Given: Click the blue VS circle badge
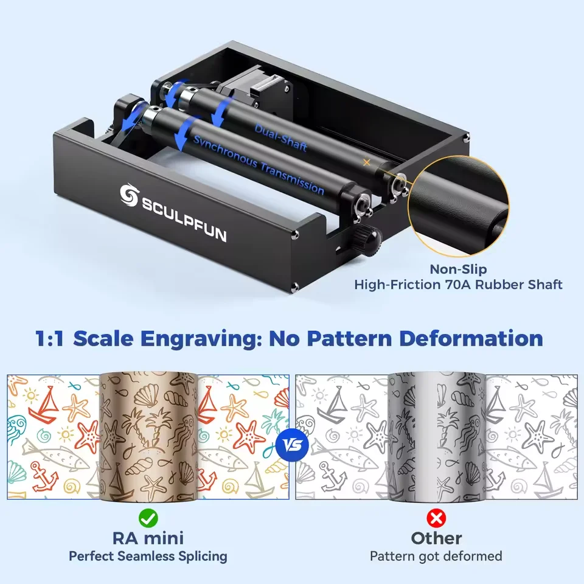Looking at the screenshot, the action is pyautogui.click(x=292, y=445).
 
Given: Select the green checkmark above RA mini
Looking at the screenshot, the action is pyautogui.click(x=148, y=518).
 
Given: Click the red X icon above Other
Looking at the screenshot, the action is pyautogui.click(x=436, y=518).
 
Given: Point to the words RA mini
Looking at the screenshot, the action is pyautogui.click(x=148, y=538).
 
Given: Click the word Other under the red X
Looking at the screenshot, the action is pyautogui.click(x=436, y=538).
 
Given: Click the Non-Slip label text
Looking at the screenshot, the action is pyautogui.click(x=458, y=269).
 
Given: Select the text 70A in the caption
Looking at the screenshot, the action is pyautogui.click(x=459, y=285).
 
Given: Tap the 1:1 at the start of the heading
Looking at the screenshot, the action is pyautogui.click(x=50, y=339).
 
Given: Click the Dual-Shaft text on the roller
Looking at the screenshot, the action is pyautogui.click(x=281, y=137).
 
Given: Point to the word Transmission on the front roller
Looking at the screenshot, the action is pyautogui.click(x=291, y=178).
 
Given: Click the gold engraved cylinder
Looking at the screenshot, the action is pyautogui.click(x=148, y=437).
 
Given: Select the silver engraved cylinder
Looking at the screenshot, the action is pyautogui.click(x=437, y=437).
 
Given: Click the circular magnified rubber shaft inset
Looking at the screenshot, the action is pyautogui.click(x=459, y=206).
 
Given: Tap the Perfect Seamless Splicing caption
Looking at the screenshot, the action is pyautogui.click(x=148, y=556).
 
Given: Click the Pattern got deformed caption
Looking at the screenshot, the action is pyautogui.click(x=436, y=556).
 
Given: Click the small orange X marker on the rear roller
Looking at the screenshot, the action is pyautogui.click(x=366, y=162).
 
